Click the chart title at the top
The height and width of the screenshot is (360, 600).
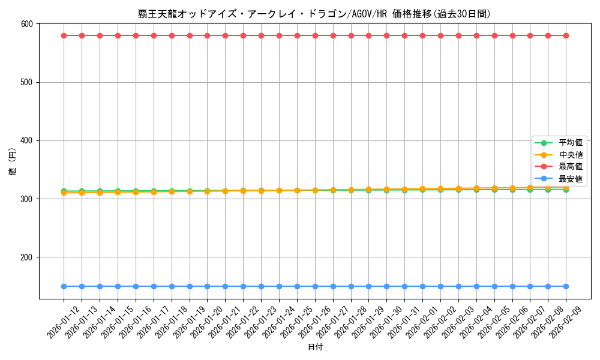tap(314, 14)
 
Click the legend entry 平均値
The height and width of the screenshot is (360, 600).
tap(571, 143)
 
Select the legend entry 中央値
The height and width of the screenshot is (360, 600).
tap(571, 155)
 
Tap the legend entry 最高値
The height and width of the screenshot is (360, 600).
tap(571, 167)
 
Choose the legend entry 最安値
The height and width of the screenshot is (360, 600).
tap(571, 179)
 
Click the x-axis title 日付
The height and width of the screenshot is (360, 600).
tap(315, 347)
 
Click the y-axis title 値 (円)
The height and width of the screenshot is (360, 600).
tap(13, 161)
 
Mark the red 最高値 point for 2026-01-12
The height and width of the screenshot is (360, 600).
tap(64, 35)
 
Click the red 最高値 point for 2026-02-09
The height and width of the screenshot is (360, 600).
tap(566, 35)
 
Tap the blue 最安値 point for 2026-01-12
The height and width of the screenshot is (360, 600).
tap(64, 286)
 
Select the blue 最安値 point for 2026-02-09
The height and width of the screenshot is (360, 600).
tap(566, 286)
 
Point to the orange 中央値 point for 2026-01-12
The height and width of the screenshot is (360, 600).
tap(64, 193)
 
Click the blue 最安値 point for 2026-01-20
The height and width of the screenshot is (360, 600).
tap(207, 286)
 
